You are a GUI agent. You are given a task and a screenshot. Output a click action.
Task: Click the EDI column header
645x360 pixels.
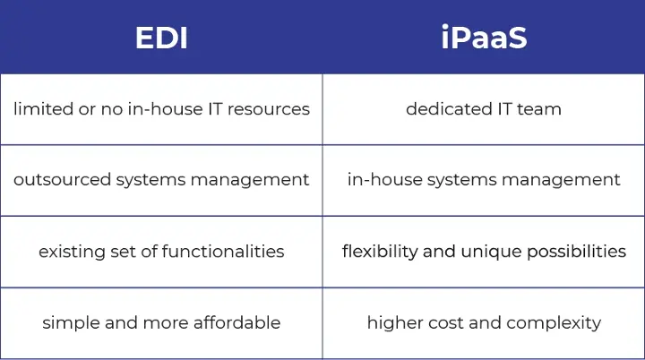click(161, 38)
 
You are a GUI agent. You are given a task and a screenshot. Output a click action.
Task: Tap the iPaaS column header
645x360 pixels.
click(484, 37)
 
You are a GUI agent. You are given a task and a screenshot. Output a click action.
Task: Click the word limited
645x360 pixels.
click(43, 109)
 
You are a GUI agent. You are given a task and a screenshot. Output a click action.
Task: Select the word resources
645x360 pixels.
click(268, 109)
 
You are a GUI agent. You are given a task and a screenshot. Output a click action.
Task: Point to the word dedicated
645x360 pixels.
click(449, 109)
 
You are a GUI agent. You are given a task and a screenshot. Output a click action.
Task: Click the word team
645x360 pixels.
click(539, 109)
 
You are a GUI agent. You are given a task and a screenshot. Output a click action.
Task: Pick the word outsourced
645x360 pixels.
click(62, 180)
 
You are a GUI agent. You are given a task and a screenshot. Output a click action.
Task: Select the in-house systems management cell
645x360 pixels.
click(484, 180)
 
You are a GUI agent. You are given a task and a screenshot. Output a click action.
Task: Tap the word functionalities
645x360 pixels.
click(223, 251)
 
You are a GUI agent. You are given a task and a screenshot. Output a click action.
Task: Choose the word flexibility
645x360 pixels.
click(380, 251)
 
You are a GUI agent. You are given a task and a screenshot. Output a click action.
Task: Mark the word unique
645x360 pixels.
click(491, 252)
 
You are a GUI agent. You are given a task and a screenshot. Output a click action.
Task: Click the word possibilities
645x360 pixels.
click(576, 251)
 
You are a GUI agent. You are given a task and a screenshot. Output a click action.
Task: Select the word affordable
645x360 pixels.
click(236, 322)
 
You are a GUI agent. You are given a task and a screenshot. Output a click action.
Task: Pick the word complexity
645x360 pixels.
click(554, 323)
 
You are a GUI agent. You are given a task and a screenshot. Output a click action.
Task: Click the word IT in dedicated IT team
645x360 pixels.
click(504, 109)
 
